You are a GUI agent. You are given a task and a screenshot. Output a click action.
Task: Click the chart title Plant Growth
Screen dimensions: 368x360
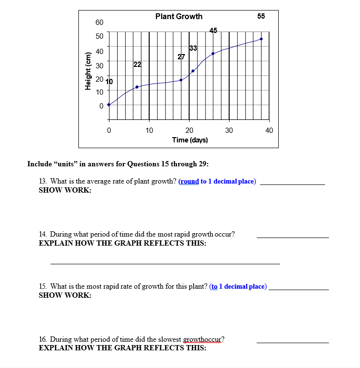tap(179, 17)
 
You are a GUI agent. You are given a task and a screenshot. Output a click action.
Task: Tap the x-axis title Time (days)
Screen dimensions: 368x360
tap(190, 140)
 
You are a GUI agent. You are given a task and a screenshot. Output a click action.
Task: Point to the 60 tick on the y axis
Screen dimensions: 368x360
tap(99, 23)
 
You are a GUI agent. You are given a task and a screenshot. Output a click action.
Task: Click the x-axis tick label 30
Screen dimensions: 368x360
tap(229, 130)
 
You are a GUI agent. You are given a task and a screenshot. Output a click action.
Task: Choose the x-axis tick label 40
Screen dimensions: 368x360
tap(269, 130)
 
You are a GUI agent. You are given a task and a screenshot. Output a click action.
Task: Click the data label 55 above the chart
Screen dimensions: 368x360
tap(261, 16)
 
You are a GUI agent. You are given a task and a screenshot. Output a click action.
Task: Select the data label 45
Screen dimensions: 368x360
tap(213, 31)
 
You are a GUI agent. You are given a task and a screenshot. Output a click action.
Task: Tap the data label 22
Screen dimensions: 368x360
tap(137, 65)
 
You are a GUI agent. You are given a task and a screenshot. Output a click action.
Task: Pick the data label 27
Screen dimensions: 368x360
tap(181, 57)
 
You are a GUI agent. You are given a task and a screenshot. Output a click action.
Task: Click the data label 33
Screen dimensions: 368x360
tap(193, 48)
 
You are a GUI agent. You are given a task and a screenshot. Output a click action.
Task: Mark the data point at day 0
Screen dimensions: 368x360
tap(109, 104)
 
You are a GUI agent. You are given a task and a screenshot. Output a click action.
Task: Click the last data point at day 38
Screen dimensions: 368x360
tap(261, 39)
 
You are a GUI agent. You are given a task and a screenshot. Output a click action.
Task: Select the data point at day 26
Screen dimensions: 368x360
tap(213, 54)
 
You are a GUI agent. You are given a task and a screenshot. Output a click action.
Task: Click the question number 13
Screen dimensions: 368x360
tap(42, 181)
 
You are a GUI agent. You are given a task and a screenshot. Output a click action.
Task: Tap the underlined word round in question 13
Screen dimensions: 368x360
tap(189, 181)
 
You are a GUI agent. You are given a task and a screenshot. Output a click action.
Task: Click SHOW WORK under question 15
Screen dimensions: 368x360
tap(65, 295)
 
